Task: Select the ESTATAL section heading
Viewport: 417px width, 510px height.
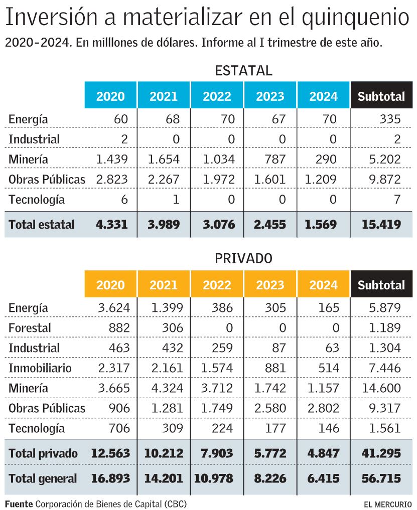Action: click(x=243, y=71)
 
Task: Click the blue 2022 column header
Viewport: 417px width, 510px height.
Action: click(x=217, y=96)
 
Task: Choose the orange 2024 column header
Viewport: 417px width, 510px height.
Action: click(x=324, y=285)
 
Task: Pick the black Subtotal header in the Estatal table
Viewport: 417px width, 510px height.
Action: click(x=381, y=96)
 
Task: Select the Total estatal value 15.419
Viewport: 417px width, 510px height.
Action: click(x=381, y=225)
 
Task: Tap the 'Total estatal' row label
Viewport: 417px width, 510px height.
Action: click(x=41, y=225)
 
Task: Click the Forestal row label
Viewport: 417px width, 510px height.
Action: click(x=30, y=328)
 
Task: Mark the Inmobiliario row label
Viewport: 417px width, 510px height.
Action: click(x=40, y=368)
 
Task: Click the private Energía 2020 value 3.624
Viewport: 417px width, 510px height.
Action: click(x=113, y=308)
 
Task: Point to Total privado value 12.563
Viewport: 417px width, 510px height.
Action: click(x=110, y=454)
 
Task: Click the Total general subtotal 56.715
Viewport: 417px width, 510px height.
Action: click(x=381, y=478)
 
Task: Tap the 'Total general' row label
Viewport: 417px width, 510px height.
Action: click(x=43, y=478)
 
